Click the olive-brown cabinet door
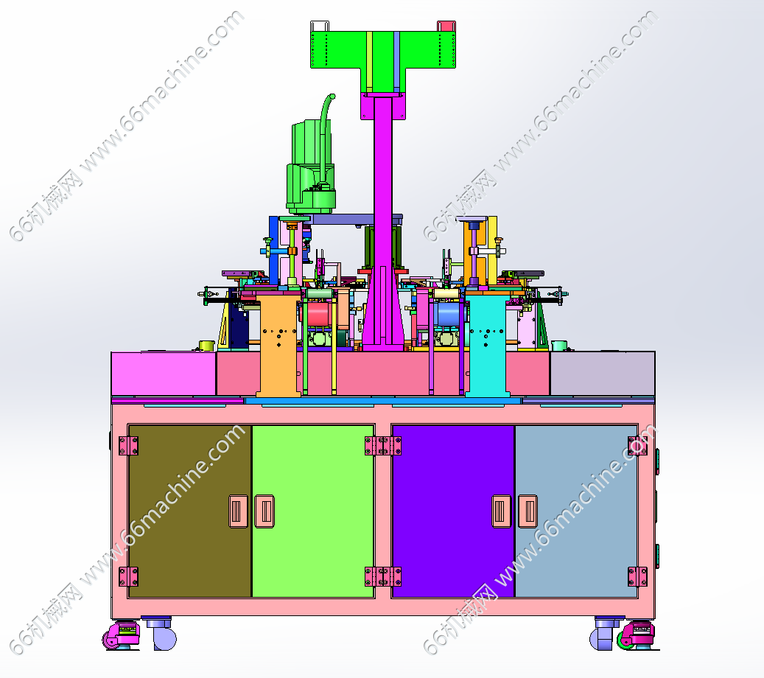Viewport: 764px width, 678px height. click(189, 511)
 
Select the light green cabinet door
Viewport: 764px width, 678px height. click(313, 511)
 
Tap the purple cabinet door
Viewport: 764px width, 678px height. click(453, 511)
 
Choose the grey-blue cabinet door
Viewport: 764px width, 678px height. click(576, 511)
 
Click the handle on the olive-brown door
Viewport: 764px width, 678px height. click(238, 511)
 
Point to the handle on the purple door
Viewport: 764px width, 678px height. click(502, 511)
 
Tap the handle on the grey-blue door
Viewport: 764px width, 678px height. click(528, 511)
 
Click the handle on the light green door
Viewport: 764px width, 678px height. click(264, 511)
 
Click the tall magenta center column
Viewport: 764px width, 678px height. click(383, 220)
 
